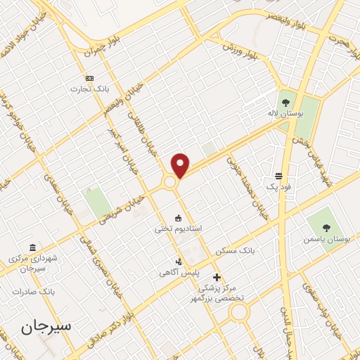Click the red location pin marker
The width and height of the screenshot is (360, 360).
click(x=181, y=164)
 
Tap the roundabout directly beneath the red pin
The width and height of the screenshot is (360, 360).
click(x=170, y=182)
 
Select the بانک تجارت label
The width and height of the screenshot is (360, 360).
click(x=87, y=89)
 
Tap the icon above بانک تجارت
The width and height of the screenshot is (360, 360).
click(x=89, y=78)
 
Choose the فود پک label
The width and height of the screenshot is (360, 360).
click(x=278, y=188)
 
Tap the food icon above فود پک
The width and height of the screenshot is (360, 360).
click(x=279, y=176)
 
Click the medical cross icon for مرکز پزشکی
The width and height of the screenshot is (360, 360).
click(x=217, y=277)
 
